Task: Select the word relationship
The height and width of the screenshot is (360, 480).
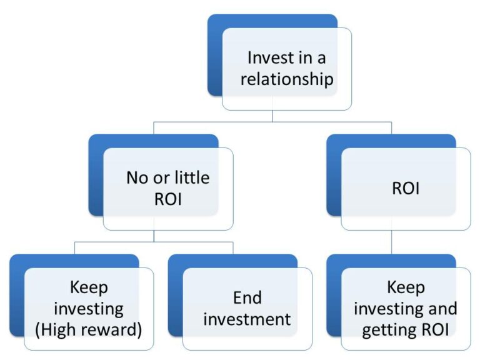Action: pos(287,79)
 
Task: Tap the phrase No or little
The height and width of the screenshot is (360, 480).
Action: pos(167,177)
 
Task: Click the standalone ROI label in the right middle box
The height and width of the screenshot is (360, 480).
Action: pos(406,188)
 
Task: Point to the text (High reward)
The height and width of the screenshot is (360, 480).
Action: pos(89,329)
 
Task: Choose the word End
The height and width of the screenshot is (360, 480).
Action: pos(247,297)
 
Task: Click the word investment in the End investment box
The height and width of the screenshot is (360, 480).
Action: pos(247,319)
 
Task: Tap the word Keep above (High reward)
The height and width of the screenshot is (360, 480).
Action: pos(89,287)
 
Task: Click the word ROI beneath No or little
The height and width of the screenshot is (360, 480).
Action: pos(167,199)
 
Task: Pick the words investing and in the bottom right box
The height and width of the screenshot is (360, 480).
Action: pos(406,308)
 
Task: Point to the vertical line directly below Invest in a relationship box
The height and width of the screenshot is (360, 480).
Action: pos(272,116)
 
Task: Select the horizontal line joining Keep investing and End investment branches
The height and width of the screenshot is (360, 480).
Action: pos(154,242)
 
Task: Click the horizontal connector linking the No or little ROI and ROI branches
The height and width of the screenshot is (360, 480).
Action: pos(272,122)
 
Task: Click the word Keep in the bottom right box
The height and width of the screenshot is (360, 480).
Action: pos(406,287)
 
